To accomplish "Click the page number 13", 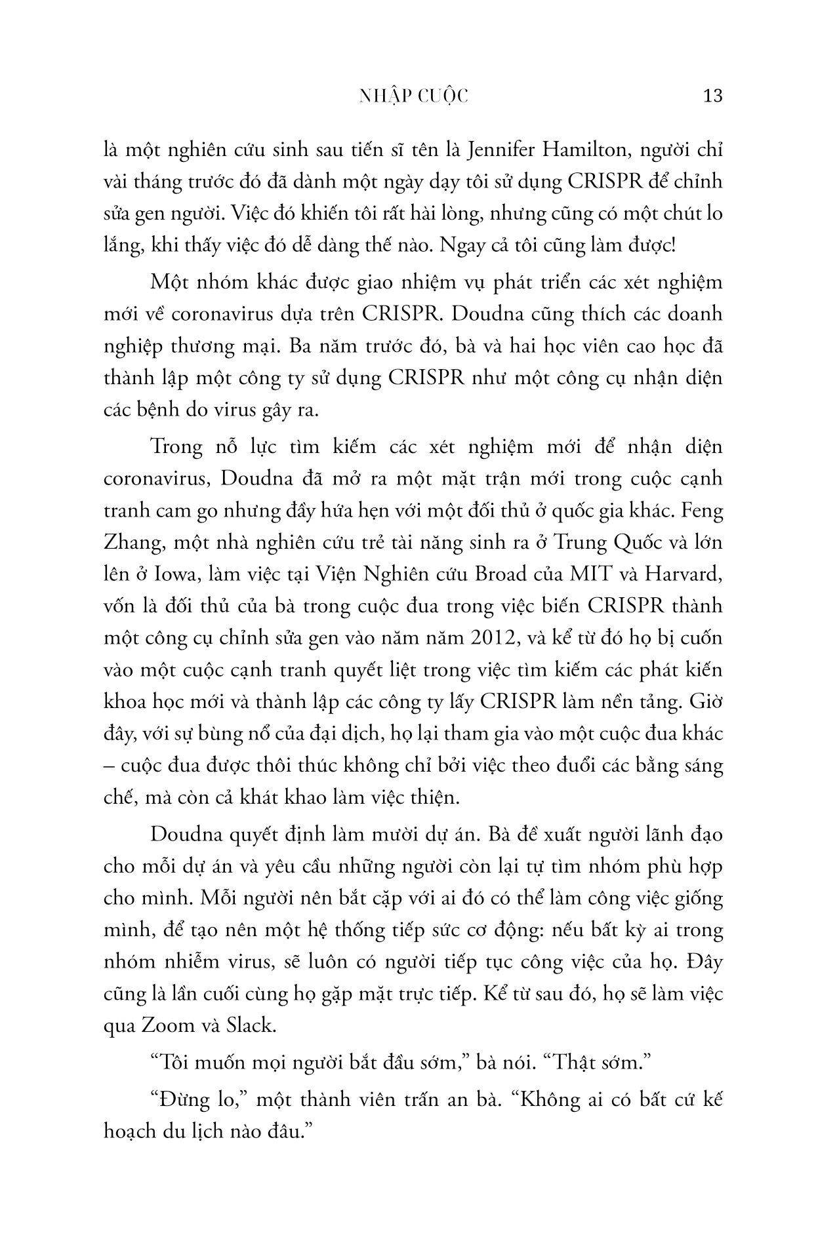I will click(x=712, y=96).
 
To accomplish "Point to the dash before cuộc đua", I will click(x=108, y=766).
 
